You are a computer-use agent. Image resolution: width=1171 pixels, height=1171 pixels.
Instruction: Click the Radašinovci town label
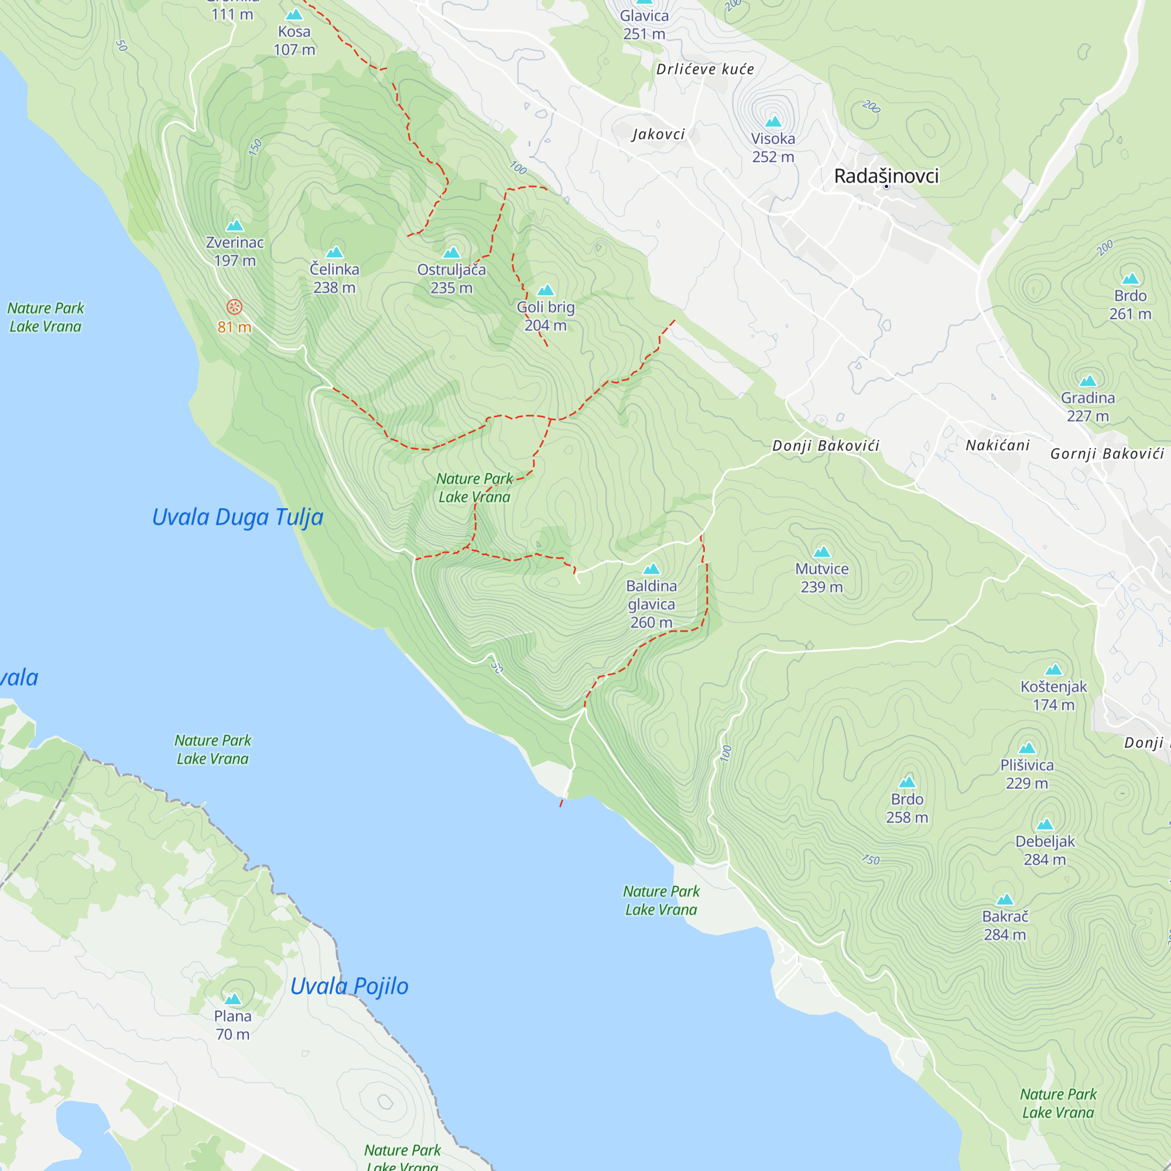pyautogui.click(x=886, y=176)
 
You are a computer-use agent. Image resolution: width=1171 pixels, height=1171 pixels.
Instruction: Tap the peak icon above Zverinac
pyautogui.click(x=235, y=225)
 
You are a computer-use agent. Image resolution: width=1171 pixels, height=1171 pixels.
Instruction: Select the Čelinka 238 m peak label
pyautogui.click(x=334, y=278)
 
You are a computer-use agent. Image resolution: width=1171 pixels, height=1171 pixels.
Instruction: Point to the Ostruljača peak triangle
pyautogui.click(x=451, y=252)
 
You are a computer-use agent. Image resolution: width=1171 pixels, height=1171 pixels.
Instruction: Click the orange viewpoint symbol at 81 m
pyautogui.click(x=235, y=307)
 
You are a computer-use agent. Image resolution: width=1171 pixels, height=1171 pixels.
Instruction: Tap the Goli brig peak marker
pyautogui.click(x=546, y=290)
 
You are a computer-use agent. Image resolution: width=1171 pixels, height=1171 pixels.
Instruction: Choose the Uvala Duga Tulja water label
pyautogui.click(x=238, y=517)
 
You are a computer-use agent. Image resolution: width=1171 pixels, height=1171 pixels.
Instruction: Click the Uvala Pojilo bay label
pyautogui.click(x=349, y=986)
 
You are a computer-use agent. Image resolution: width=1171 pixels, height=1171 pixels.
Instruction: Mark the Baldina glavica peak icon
pyautogui.click(x=651, y=569)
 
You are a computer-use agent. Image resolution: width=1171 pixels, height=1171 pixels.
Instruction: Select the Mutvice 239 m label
pyautogui.click(x=821, y=578)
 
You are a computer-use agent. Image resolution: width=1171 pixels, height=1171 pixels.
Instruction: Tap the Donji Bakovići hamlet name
pyautogui.click(x=826, y=446)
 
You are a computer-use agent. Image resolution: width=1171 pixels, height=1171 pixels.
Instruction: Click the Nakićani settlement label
pyautogui.click(x=997, y=446)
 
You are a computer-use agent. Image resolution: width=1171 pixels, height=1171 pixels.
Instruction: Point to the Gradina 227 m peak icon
pyautogui.click(x=1088, y=381)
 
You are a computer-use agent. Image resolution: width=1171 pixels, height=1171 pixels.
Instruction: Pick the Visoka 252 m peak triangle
pyautogui.click(x=773, y=121)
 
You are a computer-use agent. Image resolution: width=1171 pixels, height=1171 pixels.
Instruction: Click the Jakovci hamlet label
pyautogui.click(x=658, y=134)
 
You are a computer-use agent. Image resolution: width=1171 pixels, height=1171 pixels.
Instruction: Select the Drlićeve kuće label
pyautogui.click(x=705, y=69)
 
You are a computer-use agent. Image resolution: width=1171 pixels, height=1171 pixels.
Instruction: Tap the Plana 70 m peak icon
pyautogui.click(x=233, y=999)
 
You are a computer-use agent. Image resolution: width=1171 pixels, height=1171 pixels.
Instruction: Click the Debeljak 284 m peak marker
pyautogui.click(x=1045, y=824)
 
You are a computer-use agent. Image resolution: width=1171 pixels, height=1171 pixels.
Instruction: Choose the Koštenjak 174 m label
pyautogui.click(x=1053, y=695)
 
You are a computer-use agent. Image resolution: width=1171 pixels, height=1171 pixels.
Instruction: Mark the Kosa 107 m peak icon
pyautogui.click(x=294, y=14)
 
